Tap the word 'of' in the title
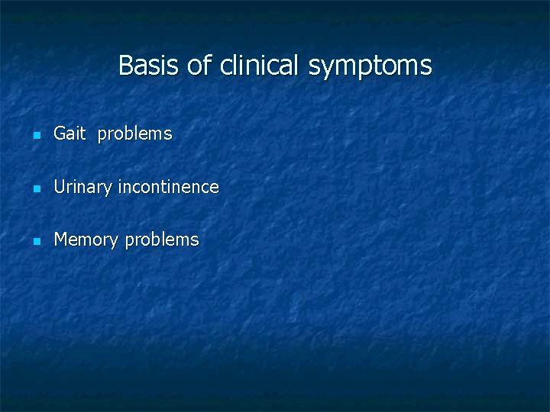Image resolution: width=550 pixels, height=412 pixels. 199,66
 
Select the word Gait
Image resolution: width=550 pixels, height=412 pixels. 70,134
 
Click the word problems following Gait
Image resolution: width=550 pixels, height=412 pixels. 134,134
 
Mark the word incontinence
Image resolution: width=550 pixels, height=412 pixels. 168,187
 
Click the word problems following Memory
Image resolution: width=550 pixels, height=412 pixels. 162,240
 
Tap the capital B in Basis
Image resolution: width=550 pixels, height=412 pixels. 126,66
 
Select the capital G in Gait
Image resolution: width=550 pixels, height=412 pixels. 60,134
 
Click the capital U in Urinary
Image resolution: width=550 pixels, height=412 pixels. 59,187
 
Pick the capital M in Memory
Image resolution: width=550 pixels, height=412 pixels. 61,240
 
